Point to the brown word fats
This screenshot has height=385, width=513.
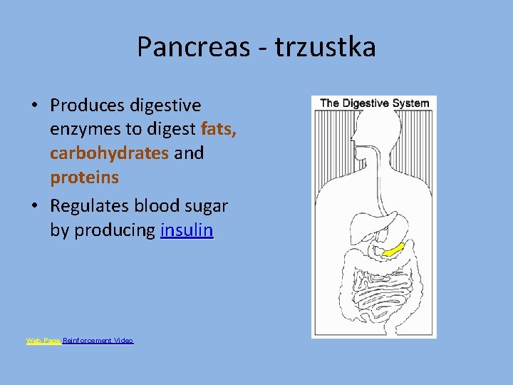tap(219, 129)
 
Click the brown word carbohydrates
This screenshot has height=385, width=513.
tap(109, 153)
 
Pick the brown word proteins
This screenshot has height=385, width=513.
tap(84, 177)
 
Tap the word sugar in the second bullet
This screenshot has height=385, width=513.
tap(202, 207)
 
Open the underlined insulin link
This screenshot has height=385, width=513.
tap(187, 230)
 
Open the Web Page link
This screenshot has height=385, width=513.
tap(43, 341)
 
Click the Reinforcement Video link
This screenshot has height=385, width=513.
tap(98, 341)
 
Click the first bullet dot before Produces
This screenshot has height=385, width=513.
tap(34, 106)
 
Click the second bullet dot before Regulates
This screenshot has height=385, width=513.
tap(34, 207)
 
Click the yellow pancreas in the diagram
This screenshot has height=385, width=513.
tap(392, 250)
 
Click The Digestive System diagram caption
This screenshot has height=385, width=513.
tap(374, 103)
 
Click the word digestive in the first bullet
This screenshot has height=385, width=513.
tap(165, 106)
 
